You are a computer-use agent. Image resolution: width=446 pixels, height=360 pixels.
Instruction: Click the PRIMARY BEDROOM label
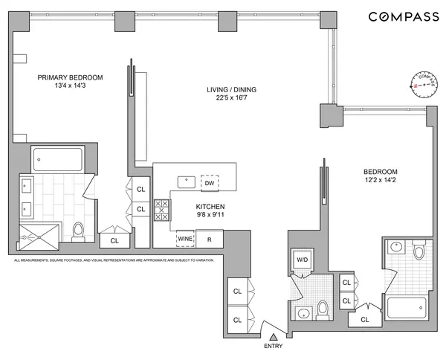point(71,77)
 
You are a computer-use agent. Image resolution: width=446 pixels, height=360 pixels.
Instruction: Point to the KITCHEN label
point(210,208)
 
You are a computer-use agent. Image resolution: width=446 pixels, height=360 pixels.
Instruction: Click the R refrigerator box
point(210,240)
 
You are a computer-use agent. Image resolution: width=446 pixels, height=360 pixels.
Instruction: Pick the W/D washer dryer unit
point(302,260)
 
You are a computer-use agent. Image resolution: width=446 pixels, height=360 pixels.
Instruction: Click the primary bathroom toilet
point(80,232)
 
